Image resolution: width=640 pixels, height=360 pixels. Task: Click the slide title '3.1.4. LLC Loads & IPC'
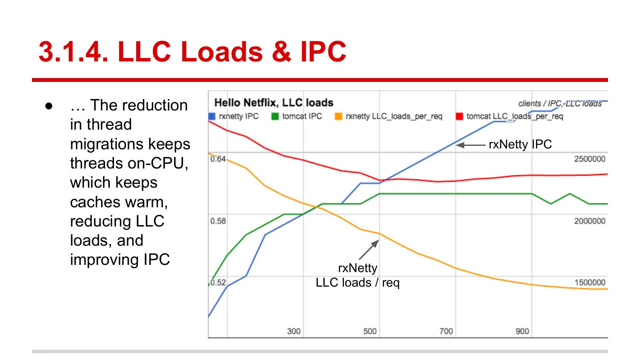click(x=192, y=52)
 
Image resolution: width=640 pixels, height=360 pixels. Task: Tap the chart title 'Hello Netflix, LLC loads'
click(x=273, y=103)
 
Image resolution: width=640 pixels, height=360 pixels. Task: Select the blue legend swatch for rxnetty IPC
click(x=212, y=116)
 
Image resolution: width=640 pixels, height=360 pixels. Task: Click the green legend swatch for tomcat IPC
click(x=275, y=116)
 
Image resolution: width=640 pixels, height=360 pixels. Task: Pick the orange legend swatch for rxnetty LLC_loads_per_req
click(x=339, y=116)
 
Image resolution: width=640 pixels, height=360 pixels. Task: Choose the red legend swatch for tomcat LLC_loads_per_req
click(x=460, y=116)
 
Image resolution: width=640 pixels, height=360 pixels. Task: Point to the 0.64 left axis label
click(x=218, y=159)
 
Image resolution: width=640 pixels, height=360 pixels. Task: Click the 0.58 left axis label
click(x=218, y=221)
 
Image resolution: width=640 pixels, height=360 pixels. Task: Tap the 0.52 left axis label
click(x=218, y=282)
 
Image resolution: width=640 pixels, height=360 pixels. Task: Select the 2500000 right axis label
click(x=590, y=159)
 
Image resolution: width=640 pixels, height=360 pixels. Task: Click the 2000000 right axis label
click(x=590, y=221)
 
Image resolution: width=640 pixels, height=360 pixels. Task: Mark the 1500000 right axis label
click(x=590, y=282)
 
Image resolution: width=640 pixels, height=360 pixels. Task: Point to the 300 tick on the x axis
click(x=294, y=331)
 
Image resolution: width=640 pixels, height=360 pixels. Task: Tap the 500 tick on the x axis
click(x=370, y=331)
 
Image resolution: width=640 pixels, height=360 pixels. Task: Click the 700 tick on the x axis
click(x=446, y=331)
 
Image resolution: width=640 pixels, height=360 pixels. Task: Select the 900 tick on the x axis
click(x=522, y=331)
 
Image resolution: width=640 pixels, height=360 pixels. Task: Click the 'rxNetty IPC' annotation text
click(x=520, y=145)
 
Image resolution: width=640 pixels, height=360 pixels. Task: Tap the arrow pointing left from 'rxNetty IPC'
click(x=471, y=145)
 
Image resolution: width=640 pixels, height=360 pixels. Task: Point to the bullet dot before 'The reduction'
click(x=49, y=105)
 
